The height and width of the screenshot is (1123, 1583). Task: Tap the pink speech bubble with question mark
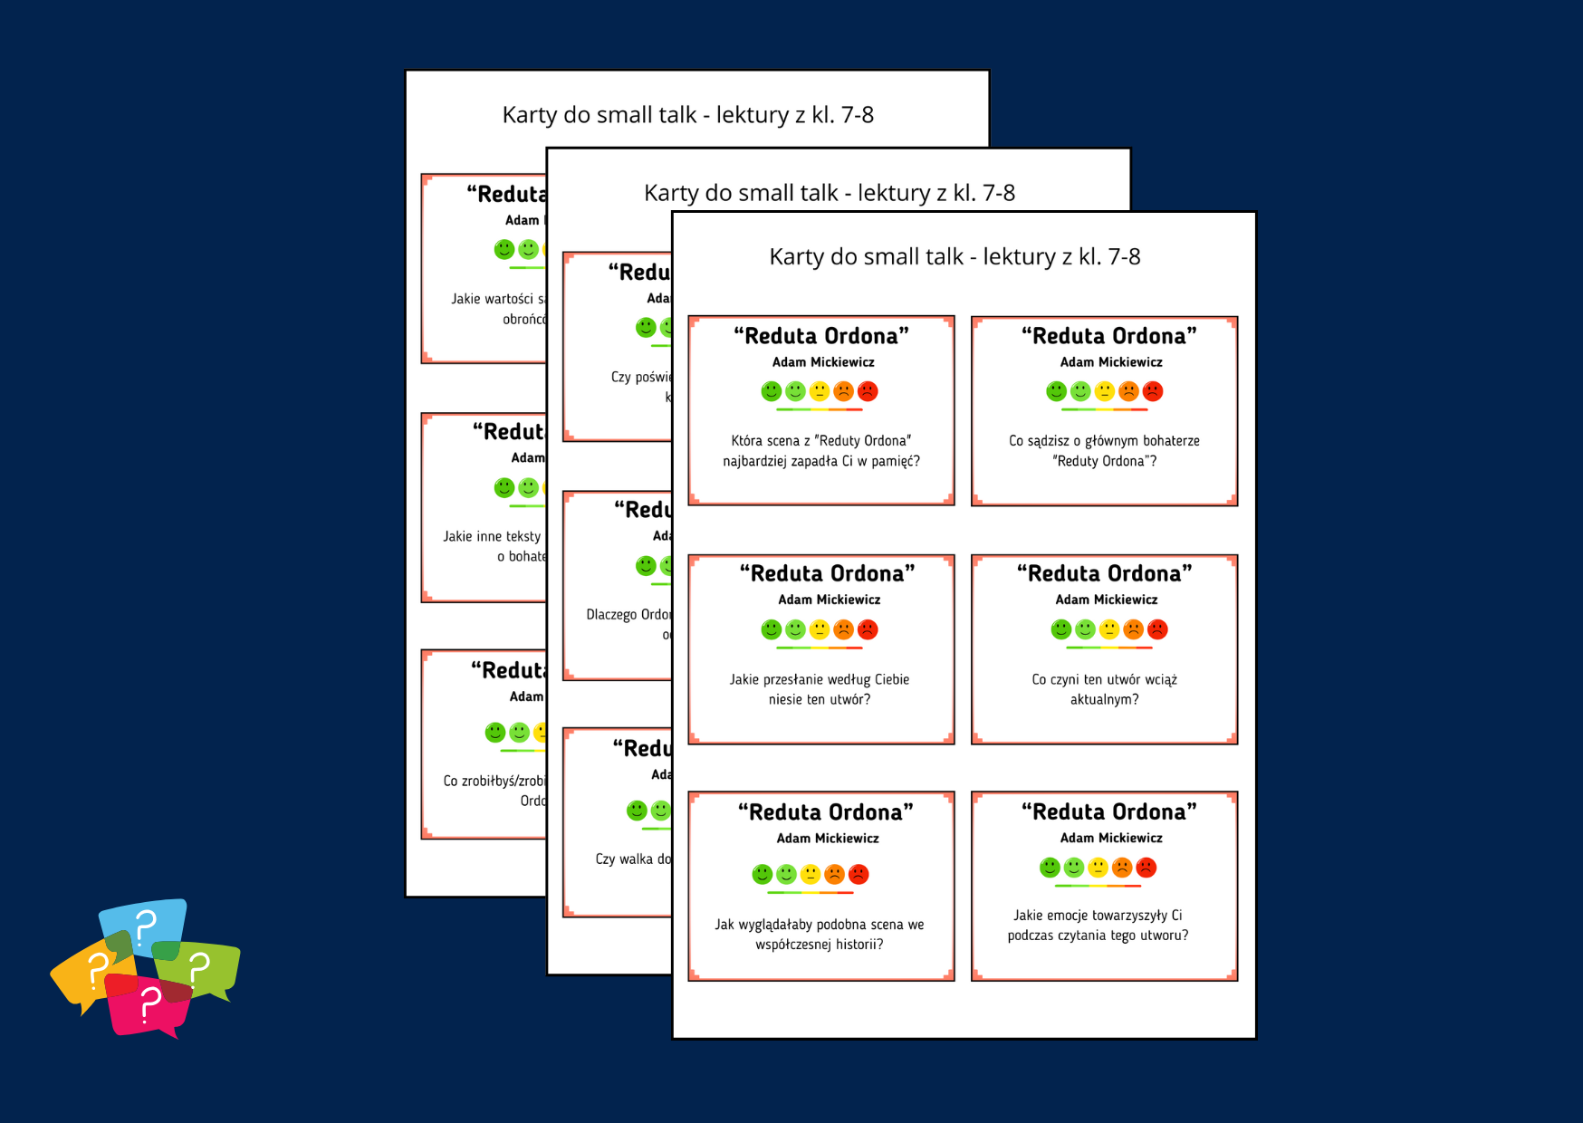click(x=147, y=1003)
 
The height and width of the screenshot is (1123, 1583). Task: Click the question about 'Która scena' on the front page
click(x=820, y=451)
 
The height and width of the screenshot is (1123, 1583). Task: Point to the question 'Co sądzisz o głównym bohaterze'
click(x=1104, y=451)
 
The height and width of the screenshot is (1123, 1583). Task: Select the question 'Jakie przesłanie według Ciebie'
click(x=820, y=689)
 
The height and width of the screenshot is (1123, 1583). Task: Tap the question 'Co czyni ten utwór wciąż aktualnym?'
click(x=1104, y=689)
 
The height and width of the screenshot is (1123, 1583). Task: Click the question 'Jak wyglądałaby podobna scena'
click(x=820, y=934)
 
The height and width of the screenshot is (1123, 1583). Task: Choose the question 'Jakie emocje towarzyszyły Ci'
click(x=1098, y=925)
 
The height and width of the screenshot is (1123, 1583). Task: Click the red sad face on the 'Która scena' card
click(x=868, y=391)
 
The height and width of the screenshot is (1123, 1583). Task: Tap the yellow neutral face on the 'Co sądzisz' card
click(x=1104, y=391)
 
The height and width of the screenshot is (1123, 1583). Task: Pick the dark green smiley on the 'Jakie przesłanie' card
click(x=771, y=629)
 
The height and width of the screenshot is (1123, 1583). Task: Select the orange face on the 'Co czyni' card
click(x=1133, y=629)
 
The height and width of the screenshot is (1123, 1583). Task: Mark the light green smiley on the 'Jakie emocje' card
click(x=1074, y=868)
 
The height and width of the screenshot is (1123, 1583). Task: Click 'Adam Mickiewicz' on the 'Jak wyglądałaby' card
click(x=828, y=839)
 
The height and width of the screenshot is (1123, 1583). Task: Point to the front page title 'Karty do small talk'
click(x=955, y=257)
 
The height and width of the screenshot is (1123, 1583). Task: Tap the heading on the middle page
click(x=829, y=193)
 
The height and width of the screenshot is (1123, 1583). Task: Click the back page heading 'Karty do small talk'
click(x=687, y=115)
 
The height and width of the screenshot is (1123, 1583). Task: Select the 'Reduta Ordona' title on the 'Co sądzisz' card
click(x=1109, y=336)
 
